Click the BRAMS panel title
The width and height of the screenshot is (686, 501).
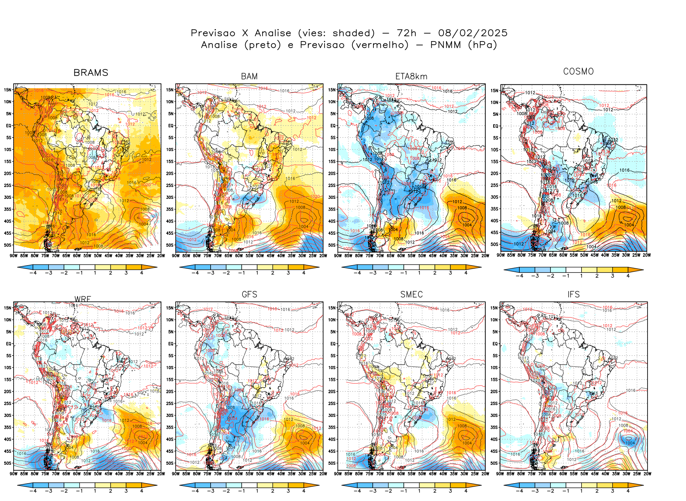coord(91,73)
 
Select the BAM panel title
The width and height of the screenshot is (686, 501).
coord(249,76)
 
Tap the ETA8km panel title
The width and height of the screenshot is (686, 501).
coord(411,76)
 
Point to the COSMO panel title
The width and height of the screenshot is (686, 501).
coord(578,72)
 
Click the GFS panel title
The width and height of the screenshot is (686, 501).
coord(249,294)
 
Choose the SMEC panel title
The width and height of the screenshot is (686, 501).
coord(411,294)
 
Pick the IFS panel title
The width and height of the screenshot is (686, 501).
coord(573,294)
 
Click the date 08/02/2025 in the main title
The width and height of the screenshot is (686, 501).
coord(473,33)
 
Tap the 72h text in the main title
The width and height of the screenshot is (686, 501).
coord(406,33)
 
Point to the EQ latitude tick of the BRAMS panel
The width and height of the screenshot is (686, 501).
coord(9,126)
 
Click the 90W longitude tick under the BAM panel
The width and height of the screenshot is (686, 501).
coord(176,256)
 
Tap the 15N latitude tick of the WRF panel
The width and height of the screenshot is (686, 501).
coord(8,308)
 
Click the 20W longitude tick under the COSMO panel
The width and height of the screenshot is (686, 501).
coord(647,255)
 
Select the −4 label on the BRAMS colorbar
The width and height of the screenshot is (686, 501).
coord(33,273)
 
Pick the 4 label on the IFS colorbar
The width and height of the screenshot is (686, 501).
coord(628,491)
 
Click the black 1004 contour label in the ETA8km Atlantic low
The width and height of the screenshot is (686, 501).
coord(467,225)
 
